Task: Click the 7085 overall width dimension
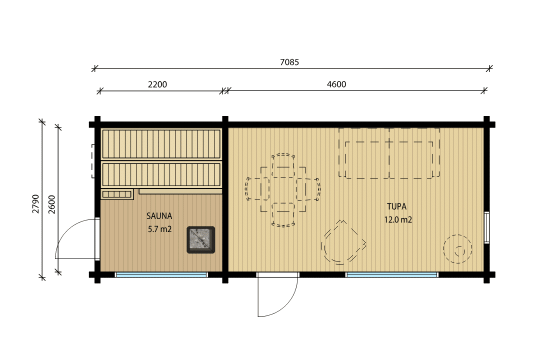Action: click(x=289, y=62)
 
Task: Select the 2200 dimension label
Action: click(x=157, y=84)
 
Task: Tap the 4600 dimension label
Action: click(x=336, y=84)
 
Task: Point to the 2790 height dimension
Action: click(x=36, y=203)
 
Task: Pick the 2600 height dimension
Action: click(x=51, y=204)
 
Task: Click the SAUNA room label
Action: click(x=159, y=216)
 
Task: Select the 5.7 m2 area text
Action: click(x=160, y=229)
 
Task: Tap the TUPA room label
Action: click(x=396, y=206)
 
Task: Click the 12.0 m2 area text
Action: click(x=398, y=219)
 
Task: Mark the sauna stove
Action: click(x=201, y=240)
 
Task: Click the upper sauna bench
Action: click(x=161, y=143)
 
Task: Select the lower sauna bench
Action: click(x=161, y=174)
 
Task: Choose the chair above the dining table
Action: click(x=283, y=165)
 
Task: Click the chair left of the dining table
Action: click(x=257, y=189)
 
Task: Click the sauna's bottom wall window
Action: click(x=161, y=274)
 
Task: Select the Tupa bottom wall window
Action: click(x=391, y=274)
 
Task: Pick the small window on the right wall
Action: click(x=486, y=227)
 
